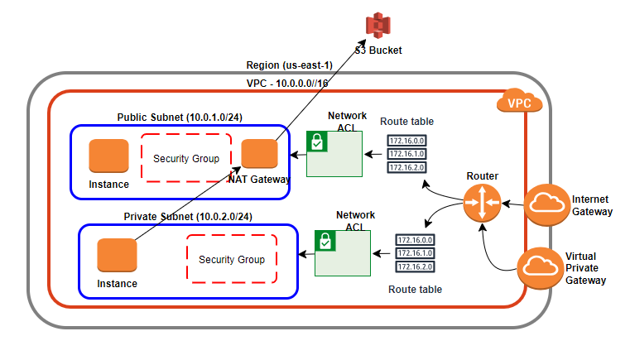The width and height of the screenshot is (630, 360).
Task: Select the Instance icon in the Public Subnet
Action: pos(109,156)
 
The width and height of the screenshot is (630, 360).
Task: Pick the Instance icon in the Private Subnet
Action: pos(116,255)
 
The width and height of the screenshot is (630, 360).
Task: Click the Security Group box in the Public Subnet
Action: pos(185,157)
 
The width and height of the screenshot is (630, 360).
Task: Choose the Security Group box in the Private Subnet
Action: pos(231,259)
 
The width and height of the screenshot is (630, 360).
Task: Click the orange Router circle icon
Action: pos(482,203)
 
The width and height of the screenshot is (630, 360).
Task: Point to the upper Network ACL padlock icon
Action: pos(315,142)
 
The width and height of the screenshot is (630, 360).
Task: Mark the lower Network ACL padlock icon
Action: pos(325,241)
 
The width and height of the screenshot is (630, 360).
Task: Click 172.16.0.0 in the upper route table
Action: pos(406,141)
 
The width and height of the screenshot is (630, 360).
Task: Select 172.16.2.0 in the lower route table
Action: pos(415,266)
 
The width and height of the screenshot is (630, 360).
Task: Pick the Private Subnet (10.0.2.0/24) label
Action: pos(188,216)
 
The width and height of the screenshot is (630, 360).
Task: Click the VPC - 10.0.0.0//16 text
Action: pos(287,84)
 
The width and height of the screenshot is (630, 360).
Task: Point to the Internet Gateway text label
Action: pos(591,205)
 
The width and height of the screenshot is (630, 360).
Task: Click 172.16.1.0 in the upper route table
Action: pos(406,154)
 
